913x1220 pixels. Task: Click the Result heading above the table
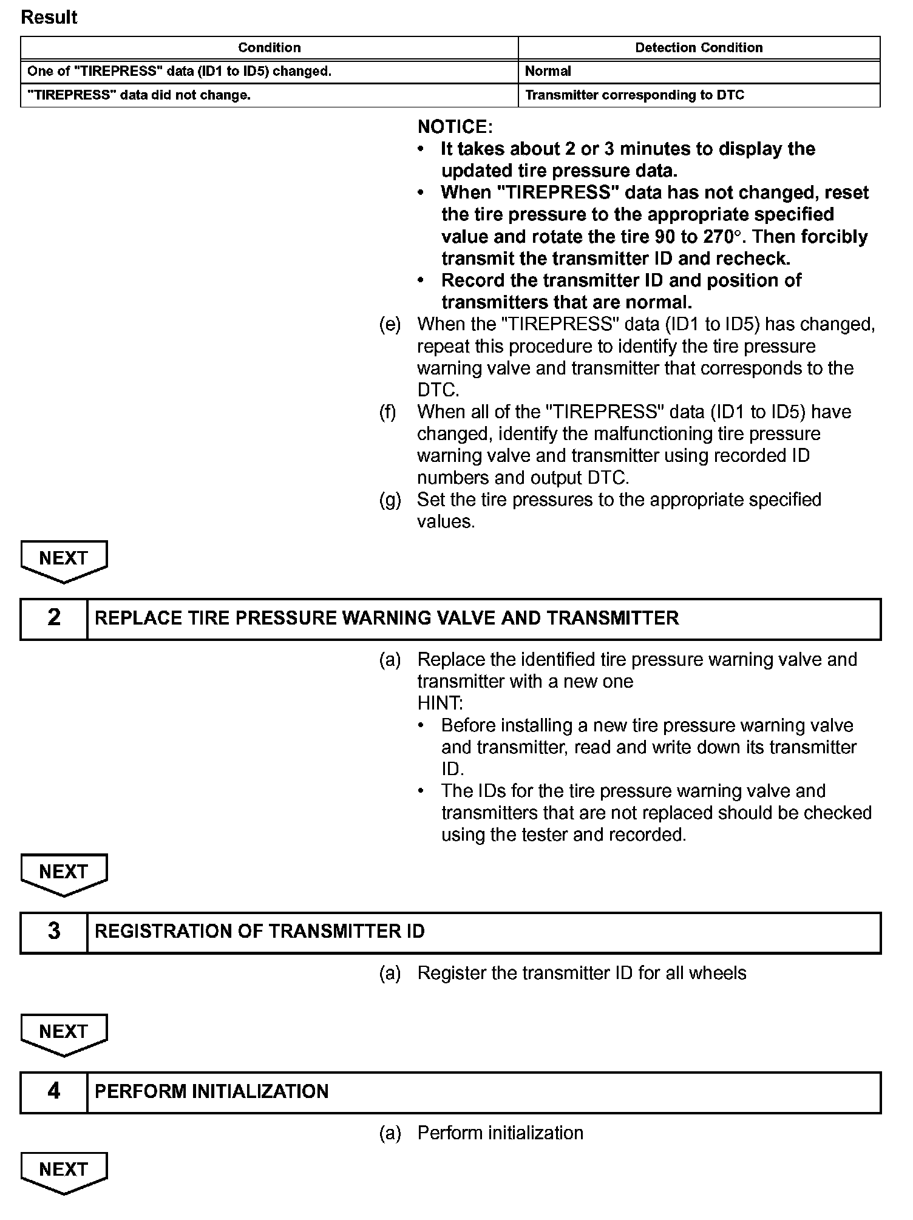click(x=49, y=17)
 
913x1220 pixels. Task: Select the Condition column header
click(x=269, y=48)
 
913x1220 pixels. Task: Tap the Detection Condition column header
click(x=699, y=48)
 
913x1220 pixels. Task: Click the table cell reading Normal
click(x=548, y=71)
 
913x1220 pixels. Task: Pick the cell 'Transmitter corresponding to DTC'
click(x=634, y=95)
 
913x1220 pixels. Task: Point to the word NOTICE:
click(x=455, y=127)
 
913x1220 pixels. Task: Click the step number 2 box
click(x=54, y=618)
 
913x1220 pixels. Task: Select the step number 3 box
click(x=54, y=931)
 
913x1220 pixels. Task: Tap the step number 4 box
click(x=54, y=1091)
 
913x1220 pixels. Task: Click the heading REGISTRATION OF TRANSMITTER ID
click(x=260, y=931)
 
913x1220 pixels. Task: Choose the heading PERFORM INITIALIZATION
click(x=211, y=1091)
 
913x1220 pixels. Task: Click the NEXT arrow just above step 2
click(x=64, y=560)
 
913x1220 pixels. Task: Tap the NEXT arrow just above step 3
click(x=64, y=873)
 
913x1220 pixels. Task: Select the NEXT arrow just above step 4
click(x=64, y=1033)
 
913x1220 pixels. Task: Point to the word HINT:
click(x=440, y=703)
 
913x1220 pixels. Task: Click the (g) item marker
click(x=390, y=500)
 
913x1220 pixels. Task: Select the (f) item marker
click(x=388, y=412)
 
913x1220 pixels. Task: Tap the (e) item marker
click(x=390, y=325)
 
